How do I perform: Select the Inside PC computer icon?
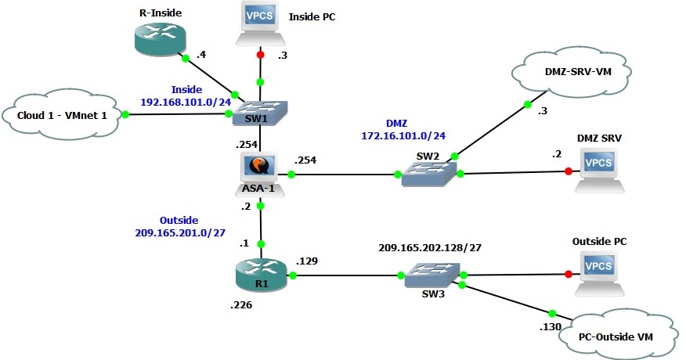[260, 26]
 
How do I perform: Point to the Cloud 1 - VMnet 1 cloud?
[65, 116]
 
